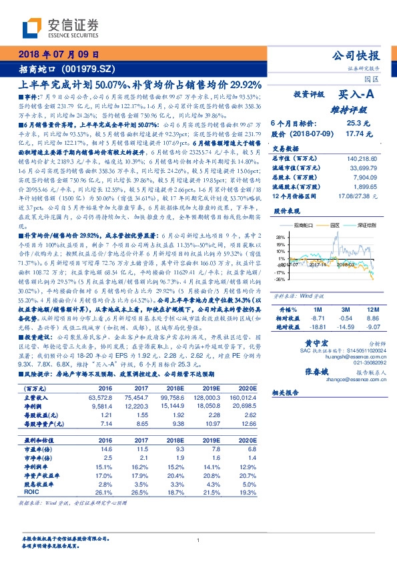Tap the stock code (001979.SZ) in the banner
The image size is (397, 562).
click(x=79, y=69)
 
